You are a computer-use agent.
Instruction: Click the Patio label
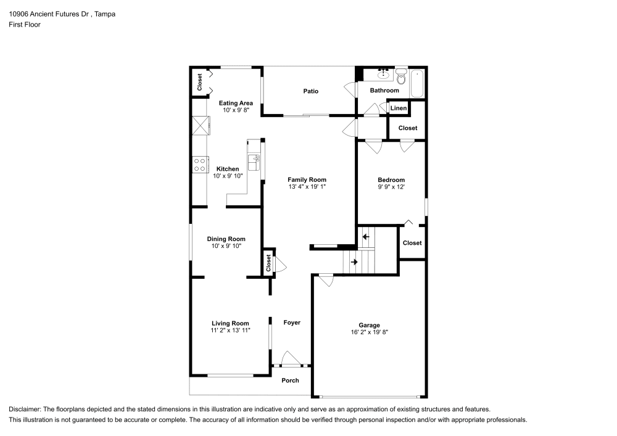pyautogui.click(x=310, y=91)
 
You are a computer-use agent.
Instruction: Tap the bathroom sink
pyautogui.click(x=383, y=74)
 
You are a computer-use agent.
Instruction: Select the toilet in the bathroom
pyautogui.click(x=401, y=77)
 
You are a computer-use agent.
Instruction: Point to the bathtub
pyautogui.click(x=417, y=83)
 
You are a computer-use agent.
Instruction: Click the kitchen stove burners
pyautogui.click(x=200, y=165)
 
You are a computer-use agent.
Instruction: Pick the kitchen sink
pyautogui.click(x=254, y=162)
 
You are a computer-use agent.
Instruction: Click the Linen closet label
pyautogui.click(x=399, y=108)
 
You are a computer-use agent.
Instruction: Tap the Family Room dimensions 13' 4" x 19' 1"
pyautogui.click(x=307, y=187)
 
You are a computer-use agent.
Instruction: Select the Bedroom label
pyautogui.click(x=391, y=180)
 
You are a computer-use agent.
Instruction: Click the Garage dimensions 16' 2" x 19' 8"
pyautogui.click(x=369, y=332)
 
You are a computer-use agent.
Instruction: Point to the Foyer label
pyautogui.click(x=292, y=323)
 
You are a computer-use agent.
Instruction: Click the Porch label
pyautogui.click(x=290, y=380)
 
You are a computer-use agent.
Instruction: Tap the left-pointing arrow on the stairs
pyautogui.click(x=366, y=237)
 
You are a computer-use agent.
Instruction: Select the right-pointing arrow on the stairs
pyautogui.click(x=354, y=262)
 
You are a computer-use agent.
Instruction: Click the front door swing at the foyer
pyautogui.click(x=291, y=358)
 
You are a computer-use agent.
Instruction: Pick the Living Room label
pyautogui.click(x=230, y=324)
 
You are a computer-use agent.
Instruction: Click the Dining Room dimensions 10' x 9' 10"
pyautogui.click(x=226, y=246)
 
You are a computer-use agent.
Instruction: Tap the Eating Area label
pyautogui.click(x=236, y=104)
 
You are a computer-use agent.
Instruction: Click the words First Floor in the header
pyautogui.click(x=25, y=25)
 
